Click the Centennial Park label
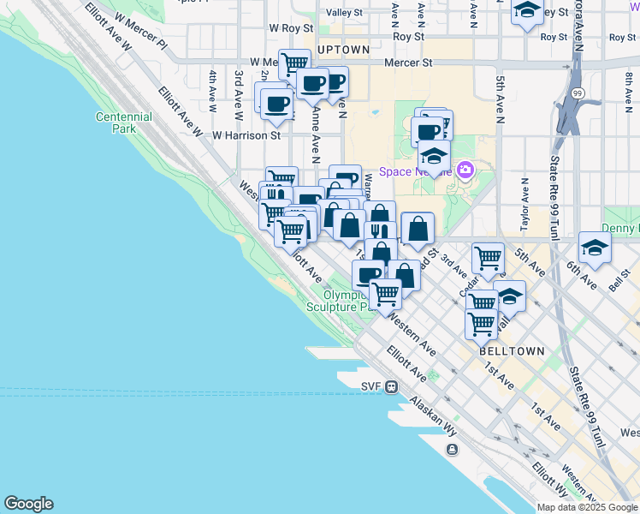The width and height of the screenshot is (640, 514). tap(124, 123)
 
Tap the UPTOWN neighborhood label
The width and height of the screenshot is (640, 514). tap(343, 50)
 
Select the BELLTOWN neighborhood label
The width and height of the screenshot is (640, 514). tap(512, 351)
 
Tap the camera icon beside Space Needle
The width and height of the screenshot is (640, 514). tap(465, 170)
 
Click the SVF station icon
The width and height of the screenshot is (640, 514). tap(390, 386)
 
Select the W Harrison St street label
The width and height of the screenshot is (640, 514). tap(246, 135)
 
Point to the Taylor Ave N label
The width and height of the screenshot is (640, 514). tap(524, 206)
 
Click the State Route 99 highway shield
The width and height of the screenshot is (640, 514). tap(578, 93)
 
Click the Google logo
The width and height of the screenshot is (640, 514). tap(28, 504)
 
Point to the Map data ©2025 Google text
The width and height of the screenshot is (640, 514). tap(587, 507)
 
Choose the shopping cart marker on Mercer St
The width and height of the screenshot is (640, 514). tap(294, 64)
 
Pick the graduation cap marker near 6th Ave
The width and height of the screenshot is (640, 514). tap(595, 248)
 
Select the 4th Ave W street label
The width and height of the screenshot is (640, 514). tap(211, 83)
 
